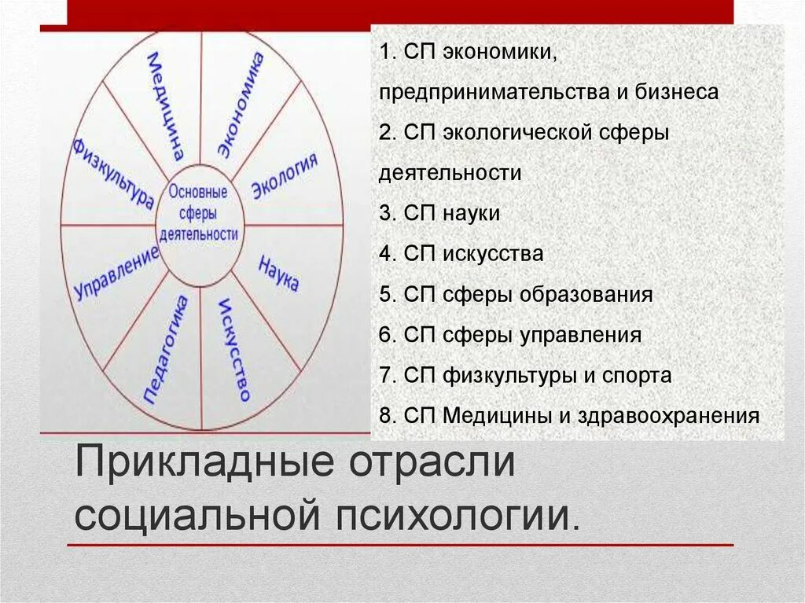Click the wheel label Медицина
click(167, 106)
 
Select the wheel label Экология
click(285, 177)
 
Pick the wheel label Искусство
click(233, 349)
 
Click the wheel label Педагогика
click(167, 350)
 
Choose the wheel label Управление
click(116, 274)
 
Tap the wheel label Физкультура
click(112, 174)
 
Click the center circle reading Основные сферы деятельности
click(200, 213)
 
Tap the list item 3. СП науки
click(439, 213)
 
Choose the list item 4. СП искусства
click(461, 254)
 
